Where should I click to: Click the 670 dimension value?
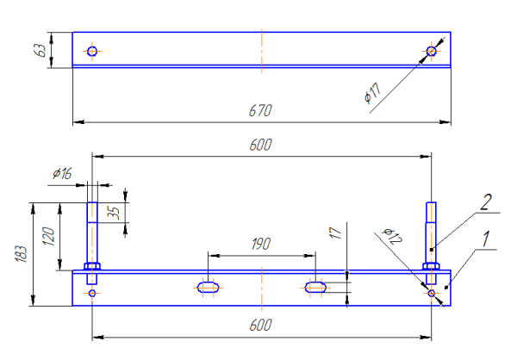(260, 110)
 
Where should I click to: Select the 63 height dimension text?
(40, 49)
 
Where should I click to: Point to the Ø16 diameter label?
(62, 174)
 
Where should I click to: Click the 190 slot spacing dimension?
(260, 245)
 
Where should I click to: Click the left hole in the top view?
(92, 51)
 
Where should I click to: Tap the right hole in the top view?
(431, 51)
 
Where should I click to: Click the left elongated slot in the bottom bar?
(207, 286)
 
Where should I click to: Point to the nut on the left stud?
(92, 266)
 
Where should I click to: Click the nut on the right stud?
(432, 266)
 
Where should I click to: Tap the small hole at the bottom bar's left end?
(92, 293)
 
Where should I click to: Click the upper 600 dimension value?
(261, 146)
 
